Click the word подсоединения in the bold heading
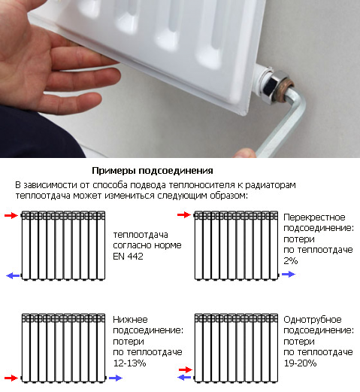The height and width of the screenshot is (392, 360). [x=176, y=171]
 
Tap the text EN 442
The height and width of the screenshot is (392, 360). [x=128, y=257]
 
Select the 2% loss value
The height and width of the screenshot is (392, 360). [x=291, y=261]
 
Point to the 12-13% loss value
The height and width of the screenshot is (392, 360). [x=129, y=363]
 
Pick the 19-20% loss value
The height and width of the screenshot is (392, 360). [x=300, y=363]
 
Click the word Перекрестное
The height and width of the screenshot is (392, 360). [x=314, y=217]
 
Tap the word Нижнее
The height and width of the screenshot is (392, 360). [x=130, y=320]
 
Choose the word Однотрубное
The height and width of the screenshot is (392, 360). [x=313, y=320]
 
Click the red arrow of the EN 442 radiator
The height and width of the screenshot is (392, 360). [x=11, y=215]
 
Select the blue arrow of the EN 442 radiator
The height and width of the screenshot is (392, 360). [x=13, y=275]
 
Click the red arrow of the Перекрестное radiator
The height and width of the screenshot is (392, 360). [x=184, y=214]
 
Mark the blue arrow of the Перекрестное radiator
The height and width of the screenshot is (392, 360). [x=289, y=275]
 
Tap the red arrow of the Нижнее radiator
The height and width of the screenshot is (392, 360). [x=11, y=378]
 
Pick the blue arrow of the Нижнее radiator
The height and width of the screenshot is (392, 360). [x=116, y=378]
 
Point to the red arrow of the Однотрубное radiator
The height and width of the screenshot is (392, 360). [x=186, y=369]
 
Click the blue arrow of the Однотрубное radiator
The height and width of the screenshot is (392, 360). [x=184, y=377]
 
